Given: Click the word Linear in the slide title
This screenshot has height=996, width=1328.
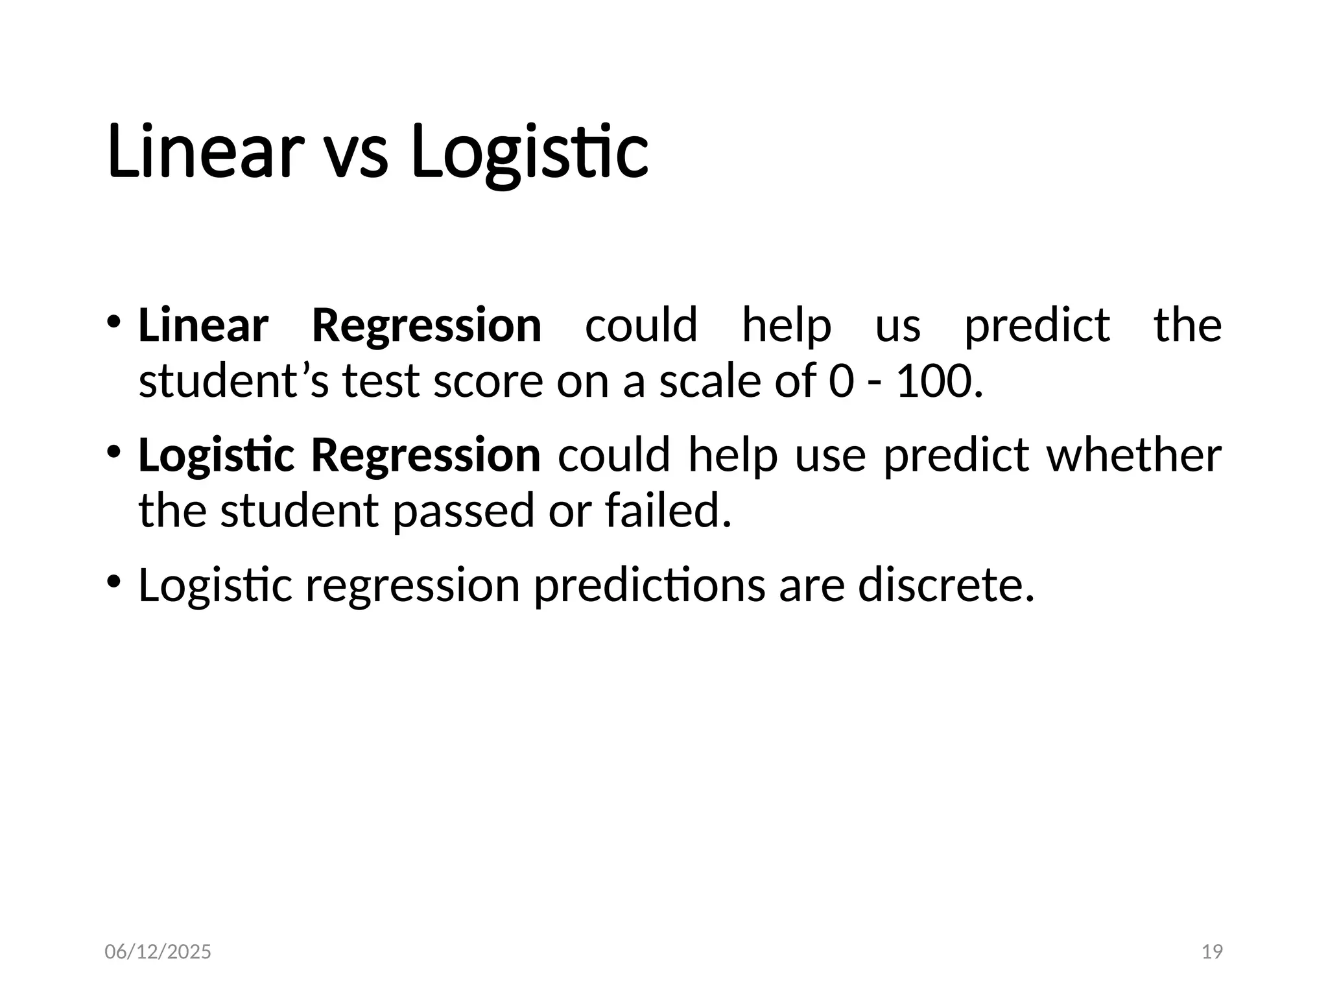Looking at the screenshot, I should point(205,152).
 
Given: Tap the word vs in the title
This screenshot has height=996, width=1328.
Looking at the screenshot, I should point(355,156).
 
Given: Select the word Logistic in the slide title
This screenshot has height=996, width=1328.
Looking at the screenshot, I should point(529,153).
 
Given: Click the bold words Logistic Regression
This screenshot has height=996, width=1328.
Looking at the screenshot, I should point(339,456).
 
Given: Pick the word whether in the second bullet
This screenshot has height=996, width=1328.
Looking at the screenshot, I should point(1133,455).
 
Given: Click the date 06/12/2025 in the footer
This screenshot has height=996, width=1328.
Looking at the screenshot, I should point(158,952).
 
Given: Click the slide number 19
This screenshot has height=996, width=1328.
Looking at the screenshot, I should point(1212,952).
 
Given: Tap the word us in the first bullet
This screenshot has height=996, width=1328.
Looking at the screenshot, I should point(897,326).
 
